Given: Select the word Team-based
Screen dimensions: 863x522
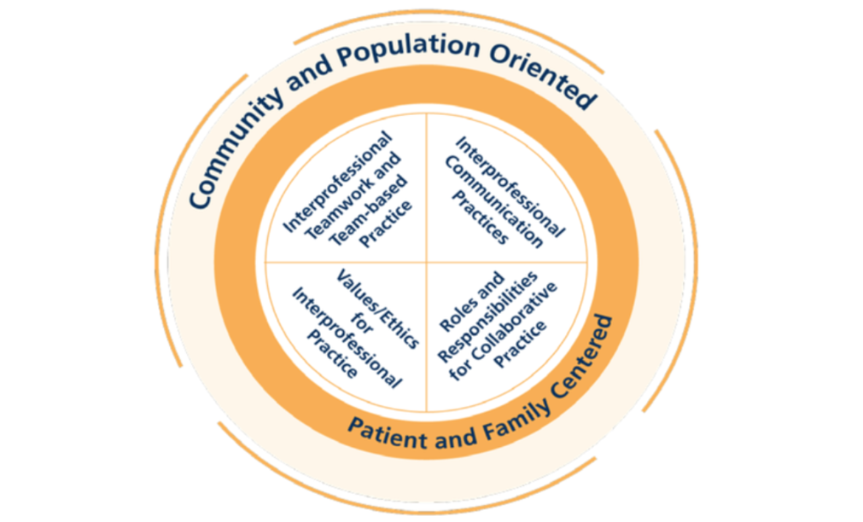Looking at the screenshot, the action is [x=370, y=211].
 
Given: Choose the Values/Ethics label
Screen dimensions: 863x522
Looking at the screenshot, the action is [x=377, y=309].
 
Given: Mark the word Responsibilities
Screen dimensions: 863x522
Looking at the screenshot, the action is [x=487, y=317].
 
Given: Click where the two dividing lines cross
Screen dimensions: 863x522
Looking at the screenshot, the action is [x=427, y=263].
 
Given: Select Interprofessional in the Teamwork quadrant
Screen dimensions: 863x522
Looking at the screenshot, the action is [x=337, y=182].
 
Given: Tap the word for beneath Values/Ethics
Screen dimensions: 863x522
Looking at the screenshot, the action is [x=362, y=324].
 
